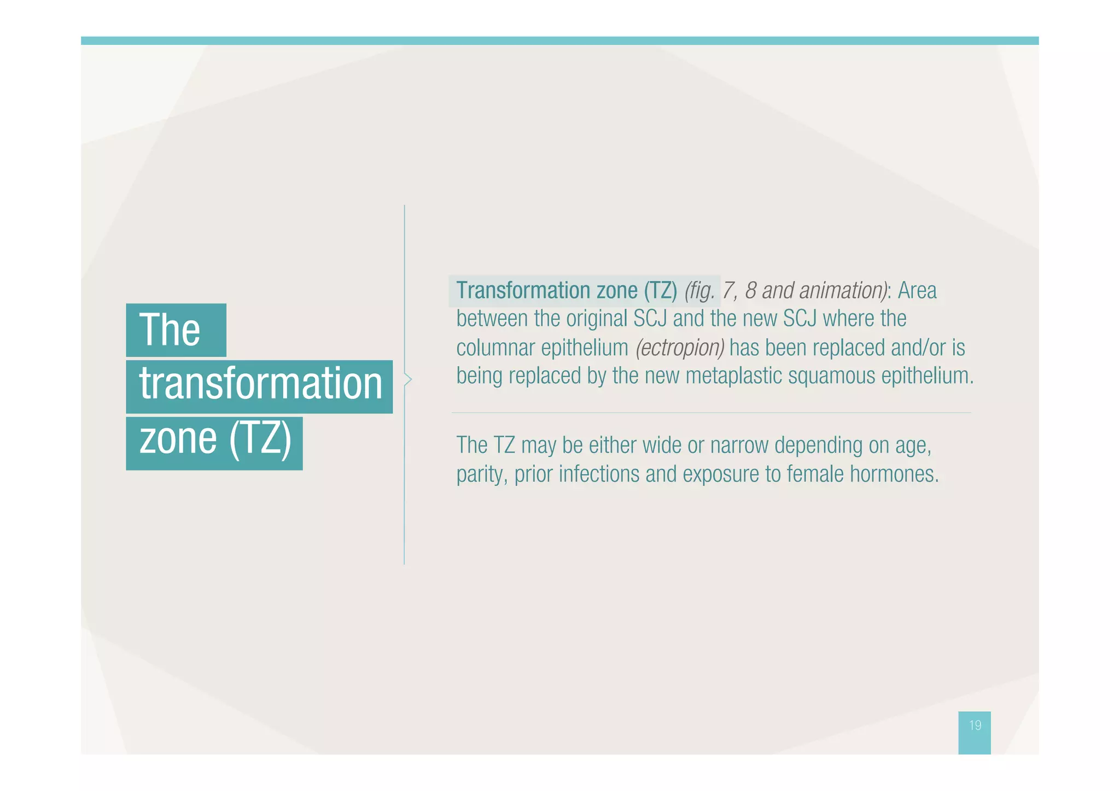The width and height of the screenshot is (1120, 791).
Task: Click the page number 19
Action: click(x=975, y=725)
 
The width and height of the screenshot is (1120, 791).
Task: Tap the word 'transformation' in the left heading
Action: click(x=260, y=384)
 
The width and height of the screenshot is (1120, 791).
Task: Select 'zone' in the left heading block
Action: click(x=178, y=439)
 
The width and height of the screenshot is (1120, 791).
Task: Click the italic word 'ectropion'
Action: click(x=680, y=348)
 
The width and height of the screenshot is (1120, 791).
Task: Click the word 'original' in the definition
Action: click(x=597, y=319)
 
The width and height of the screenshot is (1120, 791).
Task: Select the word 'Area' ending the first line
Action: click(x=917, y=290)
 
